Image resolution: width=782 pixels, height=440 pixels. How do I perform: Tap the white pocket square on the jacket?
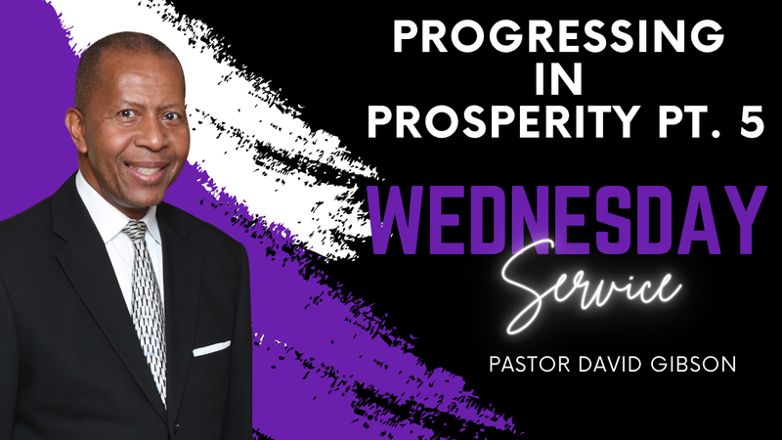click(x=211, y=347)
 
